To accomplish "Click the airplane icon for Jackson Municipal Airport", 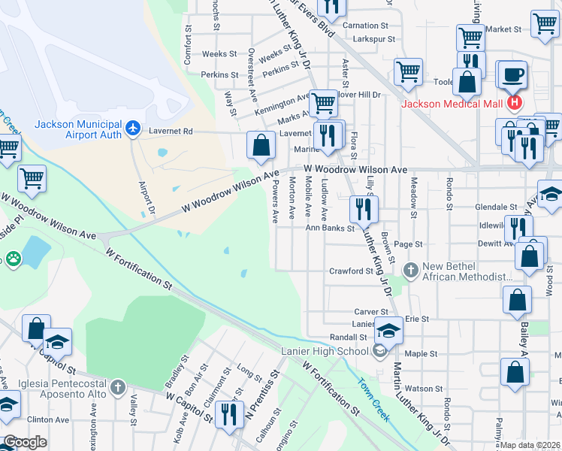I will (x=134, y=129).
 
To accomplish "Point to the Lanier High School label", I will (x=325, y=351).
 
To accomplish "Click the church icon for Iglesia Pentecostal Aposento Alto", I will (x=116, y=387).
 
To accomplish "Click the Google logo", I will (x=25, y=442).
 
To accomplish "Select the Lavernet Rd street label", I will (x=173, y=132).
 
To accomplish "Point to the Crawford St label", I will (x=351, y=271).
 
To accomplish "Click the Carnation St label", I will (x=364, y=26).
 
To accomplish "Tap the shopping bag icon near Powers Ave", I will (x=261, y=146).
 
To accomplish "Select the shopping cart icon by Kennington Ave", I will (x=324, y=103).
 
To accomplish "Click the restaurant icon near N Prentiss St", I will (x=228, y=413).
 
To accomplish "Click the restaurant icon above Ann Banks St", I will (x=364, y=209).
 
